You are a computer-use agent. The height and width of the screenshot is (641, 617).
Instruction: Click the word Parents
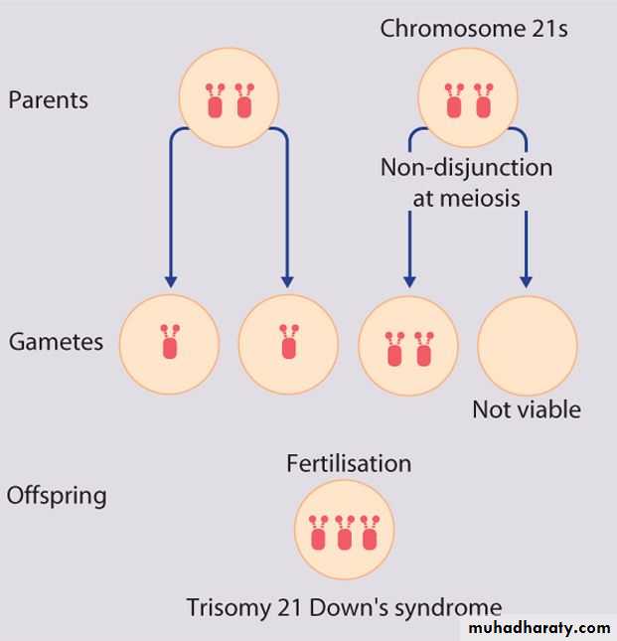(48, 100)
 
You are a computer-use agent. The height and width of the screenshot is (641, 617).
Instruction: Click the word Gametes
(56, 342)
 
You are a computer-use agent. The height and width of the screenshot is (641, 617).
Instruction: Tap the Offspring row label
(57, 494)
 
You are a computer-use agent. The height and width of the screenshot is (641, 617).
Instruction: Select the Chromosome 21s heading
(474, 28)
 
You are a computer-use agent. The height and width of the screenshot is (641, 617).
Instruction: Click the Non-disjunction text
(466, 167)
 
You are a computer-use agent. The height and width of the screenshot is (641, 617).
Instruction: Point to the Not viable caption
(527, 409)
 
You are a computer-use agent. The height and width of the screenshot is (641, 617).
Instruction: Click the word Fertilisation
(349, 463)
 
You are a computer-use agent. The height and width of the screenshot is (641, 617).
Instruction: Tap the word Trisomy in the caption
(222, 607)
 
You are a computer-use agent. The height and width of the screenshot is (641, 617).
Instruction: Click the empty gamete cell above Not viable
(527, 345)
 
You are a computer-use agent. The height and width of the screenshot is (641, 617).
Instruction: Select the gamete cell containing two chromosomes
(407, 345)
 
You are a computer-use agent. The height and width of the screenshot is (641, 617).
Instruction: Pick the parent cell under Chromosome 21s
(468, 97)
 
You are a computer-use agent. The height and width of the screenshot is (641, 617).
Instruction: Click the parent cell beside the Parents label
(228, 97)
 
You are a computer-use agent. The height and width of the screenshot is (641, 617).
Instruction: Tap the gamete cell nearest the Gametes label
(169, 345)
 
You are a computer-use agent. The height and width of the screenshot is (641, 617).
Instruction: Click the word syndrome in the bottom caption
(450, 607)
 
